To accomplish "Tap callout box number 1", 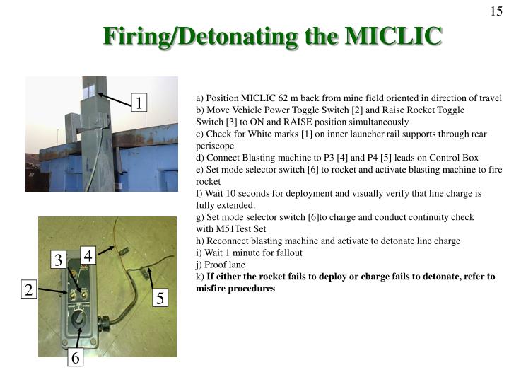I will pos(140,103).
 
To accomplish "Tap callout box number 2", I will pos(29,289).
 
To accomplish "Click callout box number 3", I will pos(59,260).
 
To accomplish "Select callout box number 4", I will pos(88,255).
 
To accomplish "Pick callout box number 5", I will pos(160,299).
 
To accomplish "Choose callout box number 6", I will pos(76,359).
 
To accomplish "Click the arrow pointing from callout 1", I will pos(114,98).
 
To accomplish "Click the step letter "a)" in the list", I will pos(200,98).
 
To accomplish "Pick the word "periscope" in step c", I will pos(216,145).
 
